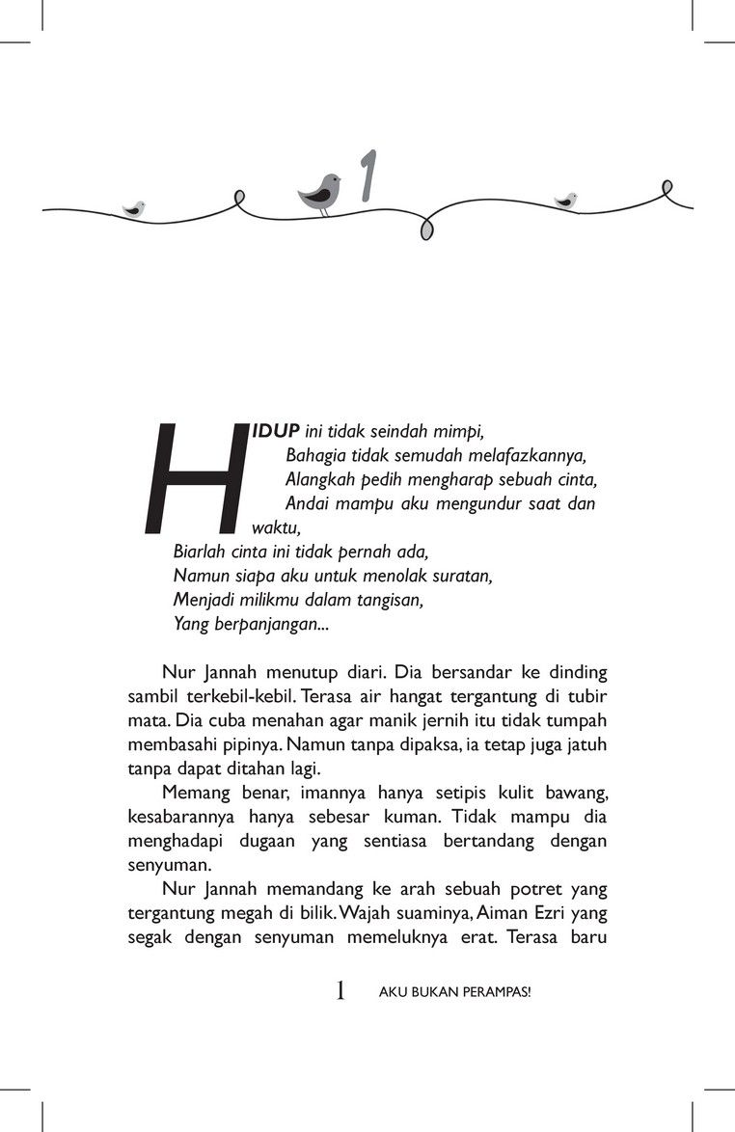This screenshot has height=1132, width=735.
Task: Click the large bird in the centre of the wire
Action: (320, 192)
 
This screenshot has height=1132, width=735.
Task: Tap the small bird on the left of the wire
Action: (134, 208)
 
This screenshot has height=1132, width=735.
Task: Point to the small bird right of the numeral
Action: (566, 201)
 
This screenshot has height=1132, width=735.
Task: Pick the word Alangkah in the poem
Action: (315, 479)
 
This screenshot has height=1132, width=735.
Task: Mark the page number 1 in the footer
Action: (340, 990)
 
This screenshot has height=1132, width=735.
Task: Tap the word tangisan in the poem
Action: (386, 600)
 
